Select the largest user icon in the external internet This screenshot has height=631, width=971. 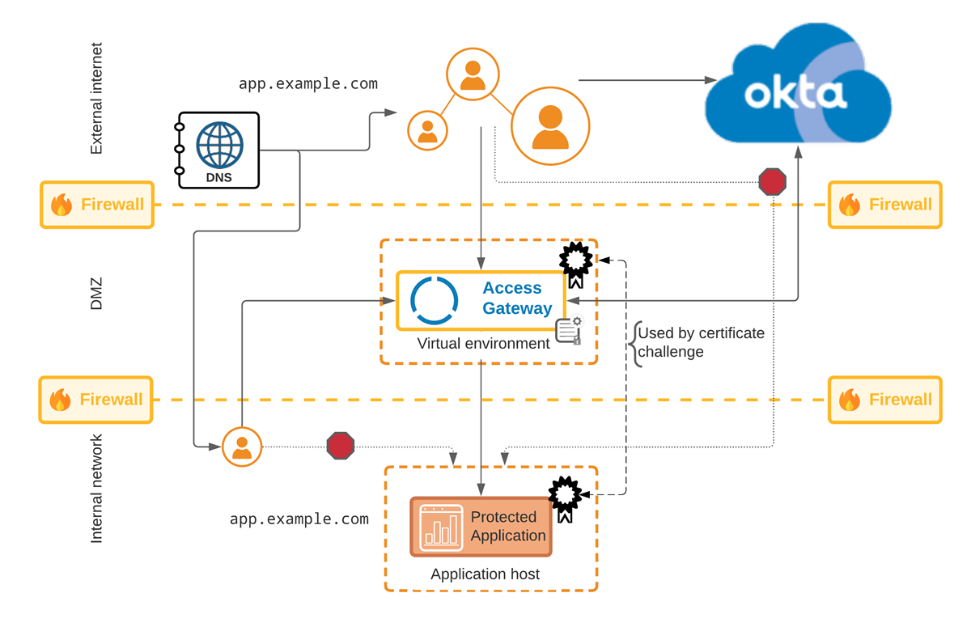[x=550, y=126]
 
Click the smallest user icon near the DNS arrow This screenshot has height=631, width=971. [x=427, y=130]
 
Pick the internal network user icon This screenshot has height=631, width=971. [x=242, y=446]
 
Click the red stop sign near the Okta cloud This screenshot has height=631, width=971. [x=773, y=181]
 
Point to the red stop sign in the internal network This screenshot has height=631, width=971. [x=341, y=446]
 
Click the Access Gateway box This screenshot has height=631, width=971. [x=481, y=300]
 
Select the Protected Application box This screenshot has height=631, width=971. [x=481, y=527]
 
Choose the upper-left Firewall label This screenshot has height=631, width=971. [x=97, y=205]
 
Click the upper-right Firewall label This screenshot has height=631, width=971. [x=885, y=205]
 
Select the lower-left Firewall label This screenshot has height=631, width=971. [x=95, y=400]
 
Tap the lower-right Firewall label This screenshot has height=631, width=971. [x=885, y=400]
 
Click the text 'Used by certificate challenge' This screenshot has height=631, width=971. [x=701, y=342]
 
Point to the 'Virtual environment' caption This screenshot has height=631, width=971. [x=483, y=344]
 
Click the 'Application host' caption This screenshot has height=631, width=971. [x=485, y=574]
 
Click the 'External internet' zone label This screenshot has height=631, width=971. [x=96, y=99]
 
